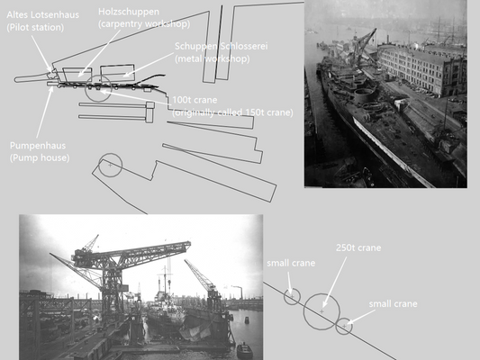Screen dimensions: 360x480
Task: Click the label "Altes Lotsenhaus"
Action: point(43,16)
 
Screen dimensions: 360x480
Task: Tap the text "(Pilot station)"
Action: point(36,29)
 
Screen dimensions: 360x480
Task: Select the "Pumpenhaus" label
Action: point(37,144)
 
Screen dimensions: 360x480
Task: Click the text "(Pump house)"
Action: point(40,157)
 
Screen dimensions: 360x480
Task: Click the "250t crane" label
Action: point(358,247)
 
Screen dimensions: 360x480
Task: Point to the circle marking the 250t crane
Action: point(321,310)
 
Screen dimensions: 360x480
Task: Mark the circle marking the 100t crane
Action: point(98,89)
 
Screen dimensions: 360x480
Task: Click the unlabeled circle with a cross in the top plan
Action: point(110,165)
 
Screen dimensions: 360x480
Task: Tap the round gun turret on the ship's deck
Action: point(366,95)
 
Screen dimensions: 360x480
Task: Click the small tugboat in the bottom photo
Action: point(244,349)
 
